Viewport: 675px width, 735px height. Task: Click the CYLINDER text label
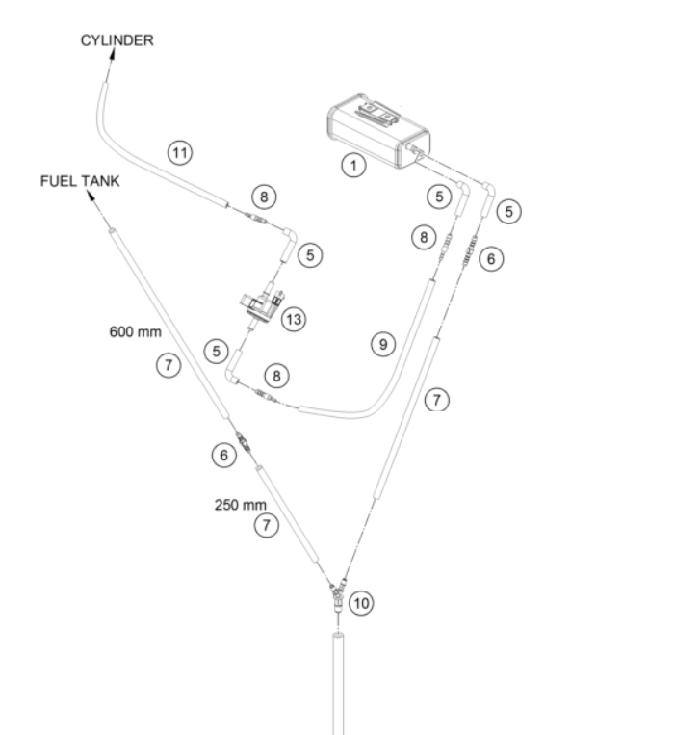point(117,40)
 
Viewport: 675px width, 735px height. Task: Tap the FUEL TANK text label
point(80,181)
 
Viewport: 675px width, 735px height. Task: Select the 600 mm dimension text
point(136,332)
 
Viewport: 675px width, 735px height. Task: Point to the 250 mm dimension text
point(241,505)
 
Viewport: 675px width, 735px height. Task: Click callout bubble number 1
point(353,165)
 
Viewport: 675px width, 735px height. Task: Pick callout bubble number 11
point(180,153)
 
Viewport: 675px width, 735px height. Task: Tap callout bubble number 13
point(294,319)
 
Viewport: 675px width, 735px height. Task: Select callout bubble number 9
point(383,345)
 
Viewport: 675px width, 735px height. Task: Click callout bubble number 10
point(361,603)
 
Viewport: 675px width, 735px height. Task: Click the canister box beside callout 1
point(378,131)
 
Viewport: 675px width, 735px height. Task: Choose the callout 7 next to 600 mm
point(169,365)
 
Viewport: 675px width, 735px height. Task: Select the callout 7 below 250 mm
point(267,525)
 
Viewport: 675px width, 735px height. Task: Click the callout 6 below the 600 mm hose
point(224,455)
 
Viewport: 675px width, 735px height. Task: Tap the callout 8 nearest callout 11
point(264,197)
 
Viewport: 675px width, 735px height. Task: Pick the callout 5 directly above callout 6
point(508,211)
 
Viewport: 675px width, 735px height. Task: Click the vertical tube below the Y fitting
point(338,683)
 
